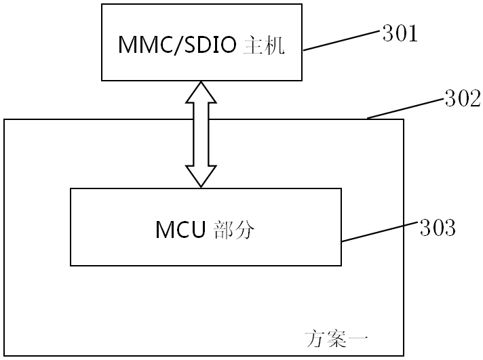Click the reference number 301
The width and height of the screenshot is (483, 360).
click(400, 33)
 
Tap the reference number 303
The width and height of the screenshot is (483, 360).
click(436, 228)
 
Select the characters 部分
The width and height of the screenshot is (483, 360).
click(234, 230)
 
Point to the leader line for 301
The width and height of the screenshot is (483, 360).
click(342, 40)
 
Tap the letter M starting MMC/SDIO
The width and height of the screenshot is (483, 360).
click(128, 45)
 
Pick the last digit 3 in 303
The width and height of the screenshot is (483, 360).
click(448, 228)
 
